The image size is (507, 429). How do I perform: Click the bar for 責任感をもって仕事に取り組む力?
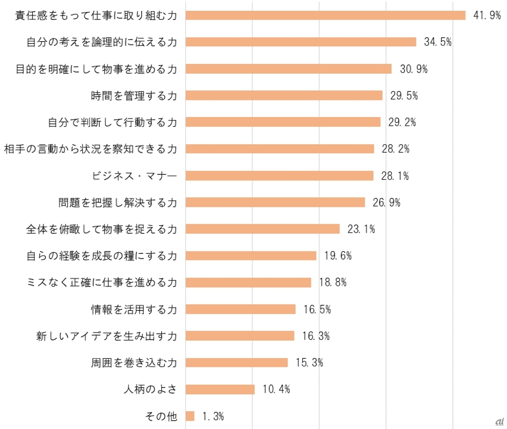325,15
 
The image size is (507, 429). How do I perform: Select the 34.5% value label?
438,42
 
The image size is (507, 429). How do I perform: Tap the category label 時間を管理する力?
134,96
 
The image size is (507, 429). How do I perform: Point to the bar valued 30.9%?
288,69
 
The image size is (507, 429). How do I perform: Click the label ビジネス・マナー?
134,176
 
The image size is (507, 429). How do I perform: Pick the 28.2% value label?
396,149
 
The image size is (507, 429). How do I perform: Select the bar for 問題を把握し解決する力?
275,203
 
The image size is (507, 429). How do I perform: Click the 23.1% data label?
361,229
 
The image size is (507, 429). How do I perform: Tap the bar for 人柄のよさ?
220,389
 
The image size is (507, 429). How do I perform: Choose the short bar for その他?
190,416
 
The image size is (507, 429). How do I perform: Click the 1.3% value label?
213,416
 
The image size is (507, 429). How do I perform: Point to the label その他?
161,416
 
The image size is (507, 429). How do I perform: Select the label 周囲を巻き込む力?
134,363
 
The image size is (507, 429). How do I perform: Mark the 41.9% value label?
487,15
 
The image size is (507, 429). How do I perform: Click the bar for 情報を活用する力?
240,309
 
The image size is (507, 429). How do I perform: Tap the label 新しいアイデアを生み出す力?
107,336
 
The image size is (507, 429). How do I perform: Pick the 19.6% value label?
338,256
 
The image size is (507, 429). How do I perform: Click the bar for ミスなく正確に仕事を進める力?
248,283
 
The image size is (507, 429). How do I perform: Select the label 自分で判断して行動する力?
112,122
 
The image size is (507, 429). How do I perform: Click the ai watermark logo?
499,421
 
